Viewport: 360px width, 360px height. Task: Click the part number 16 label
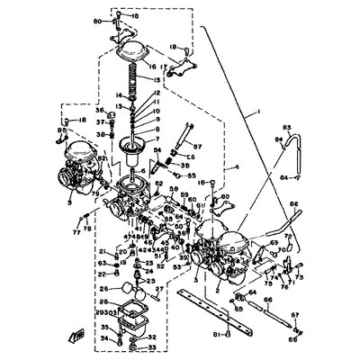tap(152, 66)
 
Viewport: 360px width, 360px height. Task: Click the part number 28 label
tap(104, 302)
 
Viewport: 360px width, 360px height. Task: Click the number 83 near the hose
tap(287, 129)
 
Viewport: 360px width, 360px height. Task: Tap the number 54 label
tap(156, 150)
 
